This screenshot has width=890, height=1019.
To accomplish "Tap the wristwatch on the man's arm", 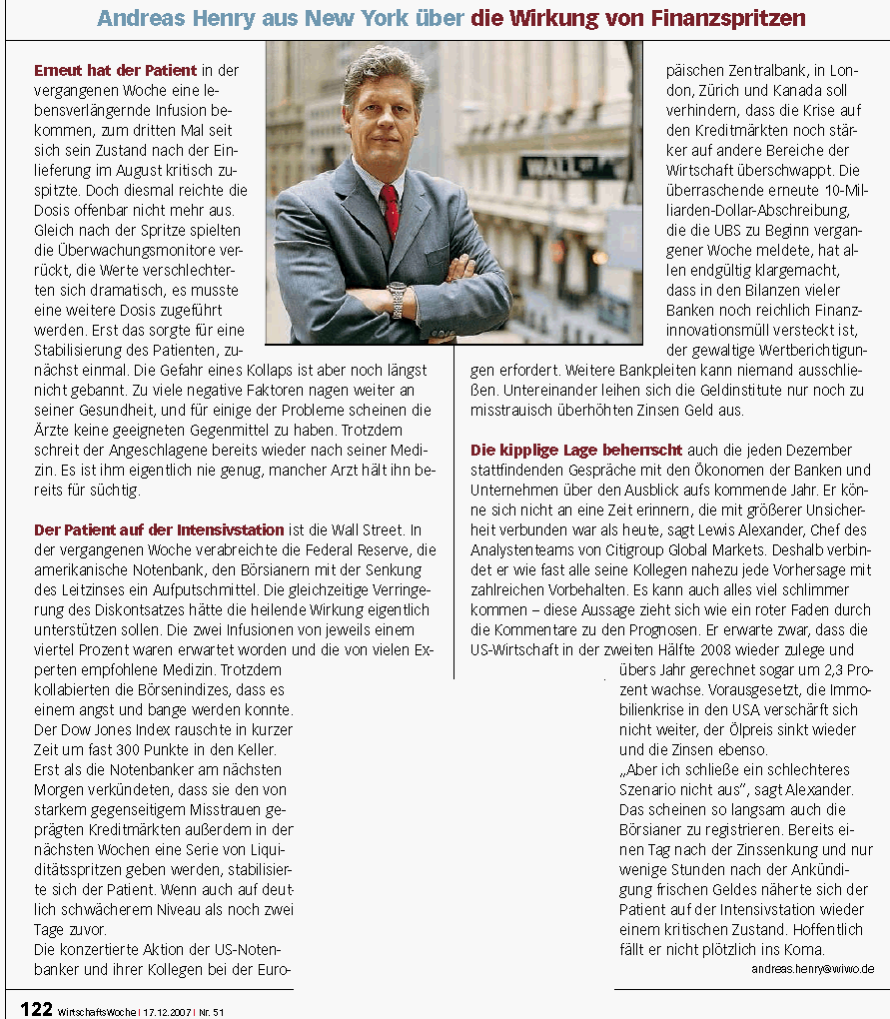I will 398,297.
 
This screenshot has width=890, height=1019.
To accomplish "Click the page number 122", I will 36,1009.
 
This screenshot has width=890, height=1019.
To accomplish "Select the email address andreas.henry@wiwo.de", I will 812,968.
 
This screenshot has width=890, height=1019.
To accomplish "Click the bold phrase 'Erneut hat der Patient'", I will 116,71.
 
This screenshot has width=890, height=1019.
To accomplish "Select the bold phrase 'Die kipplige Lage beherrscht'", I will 574,451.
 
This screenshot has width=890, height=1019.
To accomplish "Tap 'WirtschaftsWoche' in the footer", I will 95,1011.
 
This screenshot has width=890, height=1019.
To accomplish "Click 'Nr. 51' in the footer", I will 212,1011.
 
